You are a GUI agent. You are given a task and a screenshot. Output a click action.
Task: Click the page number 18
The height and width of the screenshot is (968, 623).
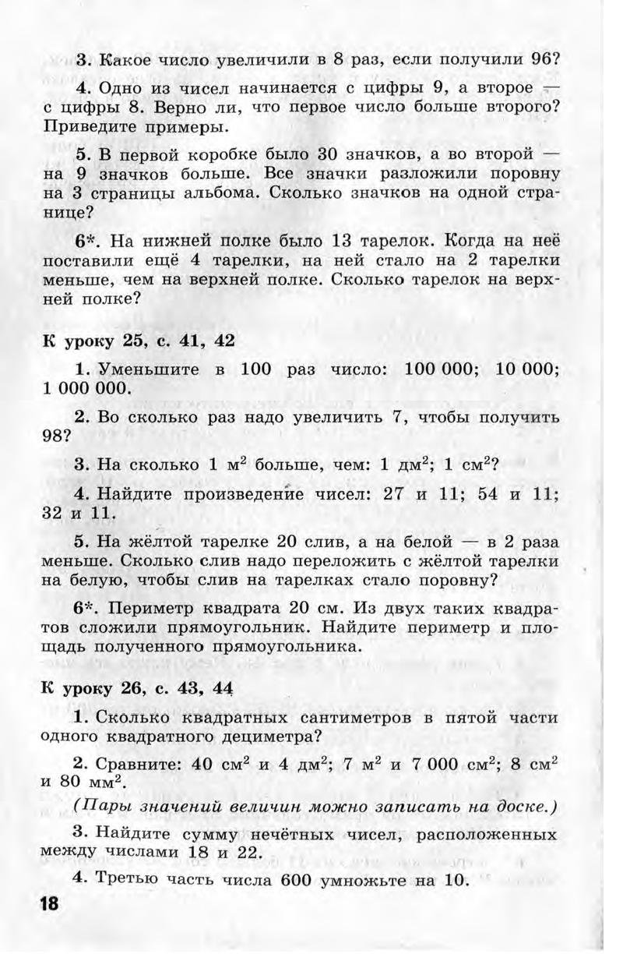click(48, 905)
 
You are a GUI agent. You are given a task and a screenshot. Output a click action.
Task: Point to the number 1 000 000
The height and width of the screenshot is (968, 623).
click(86, 387)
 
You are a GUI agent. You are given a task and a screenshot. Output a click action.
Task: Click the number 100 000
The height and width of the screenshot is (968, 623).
click(435, 369)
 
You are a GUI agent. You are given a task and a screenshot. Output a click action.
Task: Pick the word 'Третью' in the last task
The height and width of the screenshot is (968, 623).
click(128, 879)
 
